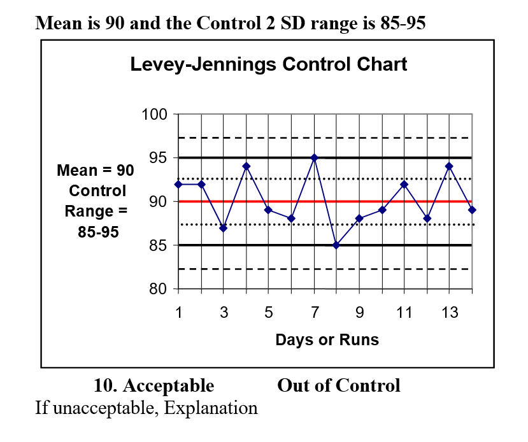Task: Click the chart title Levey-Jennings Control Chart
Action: [268, 64]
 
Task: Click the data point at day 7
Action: [314, 157]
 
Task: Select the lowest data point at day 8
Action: [336, 245]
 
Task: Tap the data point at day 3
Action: [224, 227]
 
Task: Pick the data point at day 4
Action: [246, 166]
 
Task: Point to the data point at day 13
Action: [449, 166]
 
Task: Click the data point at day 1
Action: [178, 184]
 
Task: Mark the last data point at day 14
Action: [471, 210]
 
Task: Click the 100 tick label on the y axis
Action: [153, 115]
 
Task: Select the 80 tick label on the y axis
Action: [157, 289]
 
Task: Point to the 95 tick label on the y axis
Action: [157, 158]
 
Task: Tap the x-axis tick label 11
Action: [404, 313]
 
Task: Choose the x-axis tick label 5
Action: [269, 313]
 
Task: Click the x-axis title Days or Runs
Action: [327, 340]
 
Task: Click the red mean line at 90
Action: [382, 201]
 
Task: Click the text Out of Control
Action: [338, 386]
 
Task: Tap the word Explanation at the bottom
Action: [211, 408]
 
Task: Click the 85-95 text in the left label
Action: [98, 232]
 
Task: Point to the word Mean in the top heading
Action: [59, 24]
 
